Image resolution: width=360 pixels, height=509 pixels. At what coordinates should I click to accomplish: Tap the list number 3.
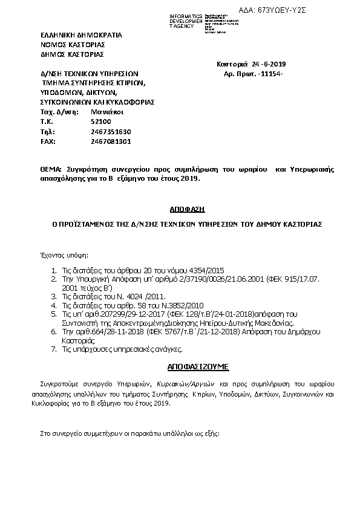(x=53, y=297)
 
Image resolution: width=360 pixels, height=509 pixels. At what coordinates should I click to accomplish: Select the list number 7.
(x=53, y=349)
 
